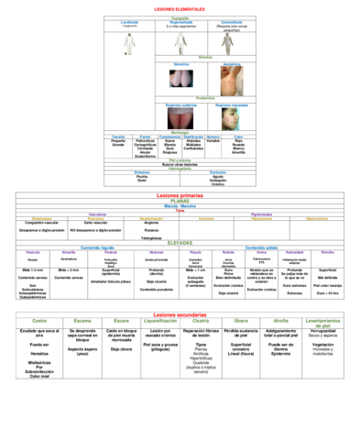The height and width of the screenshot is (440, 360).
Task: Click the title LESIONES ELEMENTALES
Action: pos(180,6)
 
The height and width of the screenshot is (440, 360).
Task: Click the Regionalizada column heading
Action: pos(180,21)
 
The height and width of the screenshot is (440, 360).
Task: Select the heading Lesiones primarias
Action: pos(180,196)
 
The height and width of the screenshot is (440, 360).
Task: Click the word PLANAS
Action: pos(180,202)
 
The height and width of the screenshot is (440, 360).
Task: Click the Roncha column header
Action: pos(328,251)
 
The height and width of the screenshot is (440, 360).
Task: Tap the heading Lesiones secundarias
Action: pos(180,313)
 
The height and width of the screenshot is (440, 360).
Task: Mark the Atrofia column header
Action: pos(280,321)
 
